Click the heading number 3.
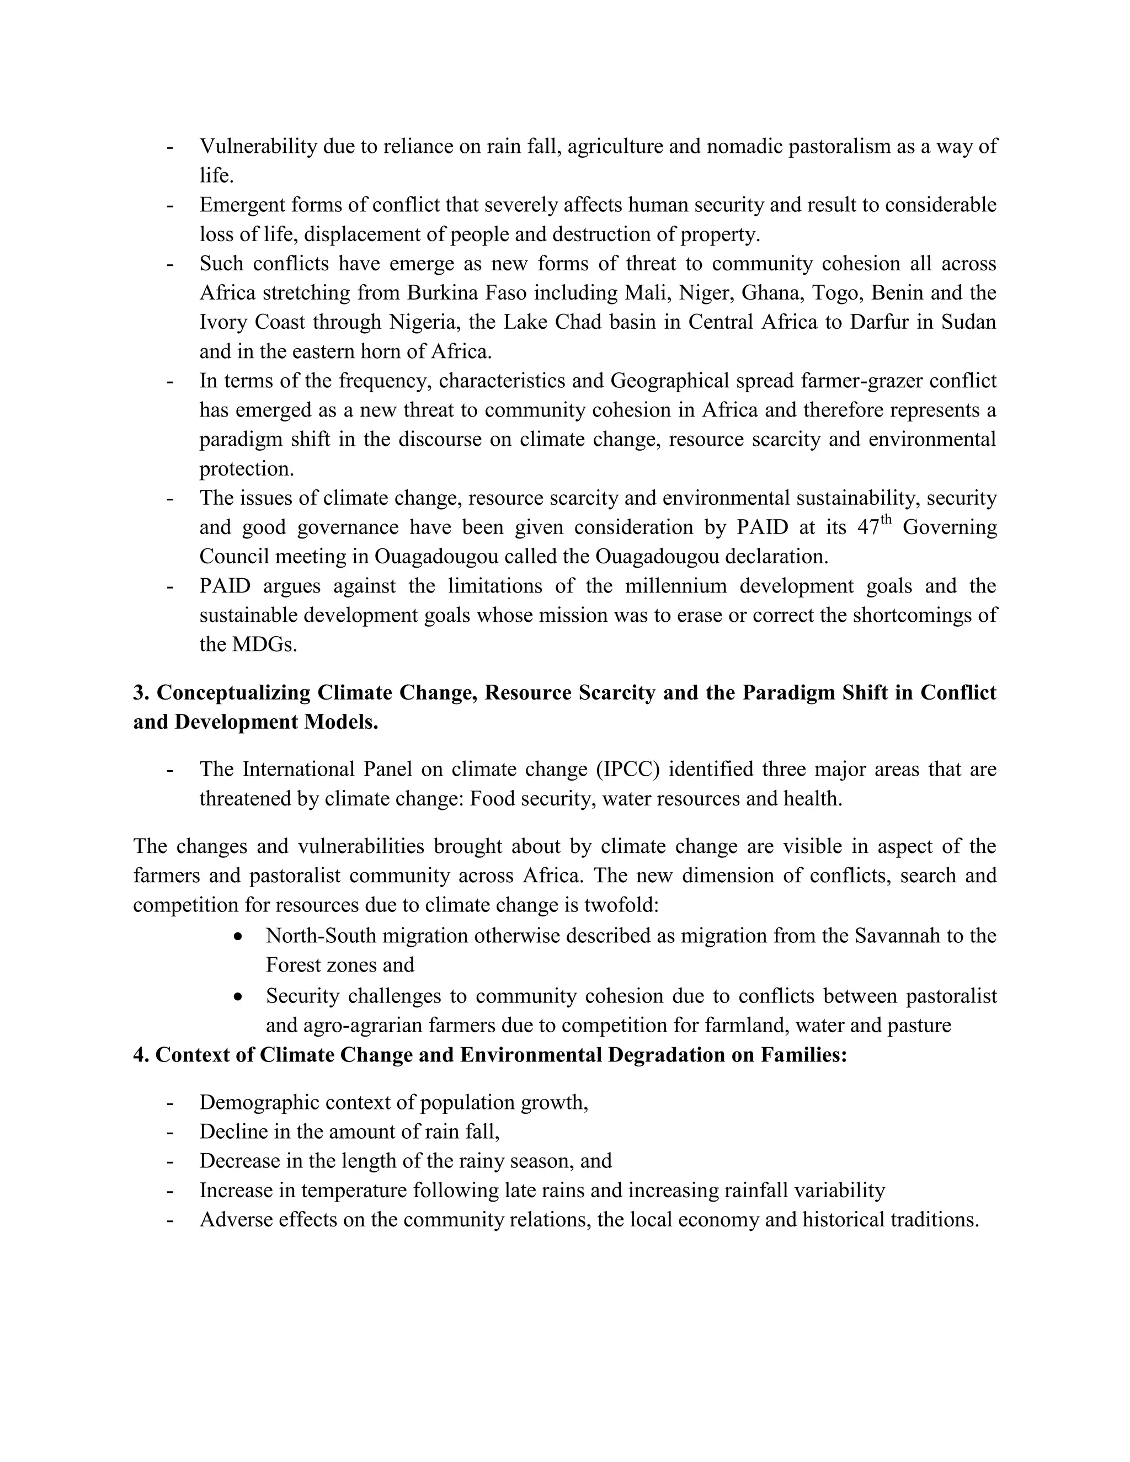[x=141, y=692]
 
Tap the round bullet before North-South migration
[x=238, y=936]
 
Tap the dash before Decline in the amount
[x=170, y=1132]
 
